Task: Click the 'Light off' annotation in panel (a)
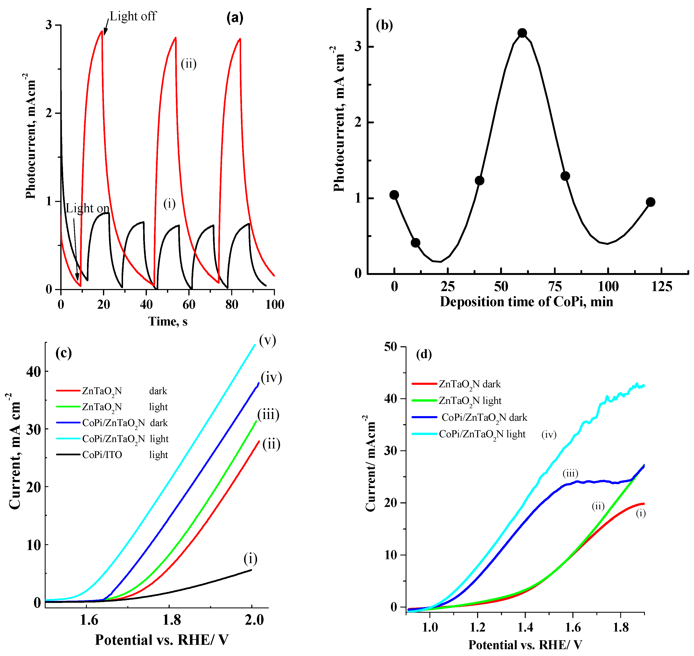133,16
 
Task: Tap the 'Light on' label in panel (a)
87,208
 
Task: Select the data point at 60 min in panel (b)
522,33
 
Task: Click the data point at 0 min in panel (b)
394,195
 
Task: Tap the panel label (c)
64,353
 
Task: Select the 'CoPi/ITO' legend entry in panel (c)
102,455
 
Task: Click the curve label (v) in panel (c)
267,340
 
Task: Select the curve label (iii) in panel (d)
570,474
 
